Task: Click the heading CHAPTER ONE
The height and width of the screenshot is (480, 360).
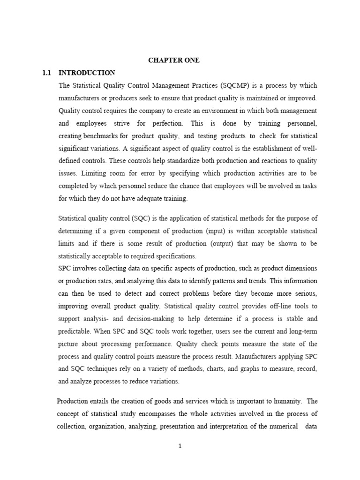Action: tap(174, 60)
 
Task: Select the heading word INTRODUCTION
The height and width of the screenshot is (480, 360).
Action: tap(87, 73)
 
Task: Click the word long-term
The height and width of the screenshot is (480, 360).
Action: tap(301, 331)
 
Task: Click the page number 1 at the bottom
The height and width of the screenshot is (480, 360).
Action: tap(180, 446)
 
